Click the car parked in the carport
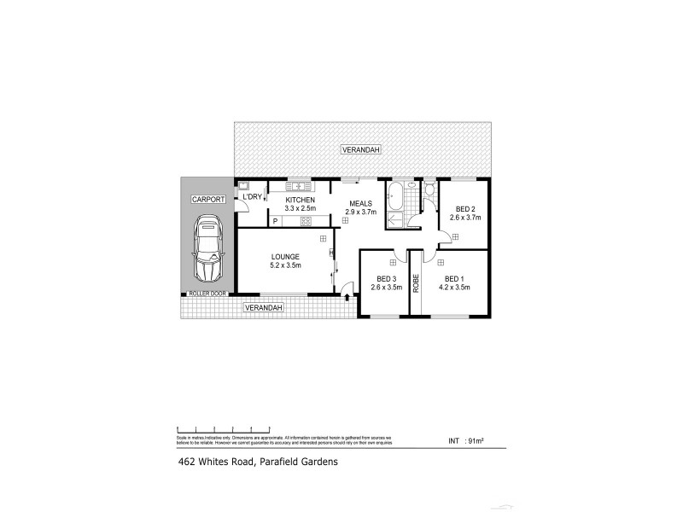point(207,250)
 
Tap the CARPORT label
point(207,199)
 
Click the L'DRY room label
point(252,197)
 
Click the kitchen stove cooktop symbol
point(305,221)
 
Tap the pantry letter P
point(275,221)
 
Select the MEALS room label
point(359,203)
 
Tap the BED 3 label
point(386,279)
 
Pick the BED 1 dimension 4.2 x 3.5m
point(457,288)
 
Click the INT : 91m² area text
point(466,441)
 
